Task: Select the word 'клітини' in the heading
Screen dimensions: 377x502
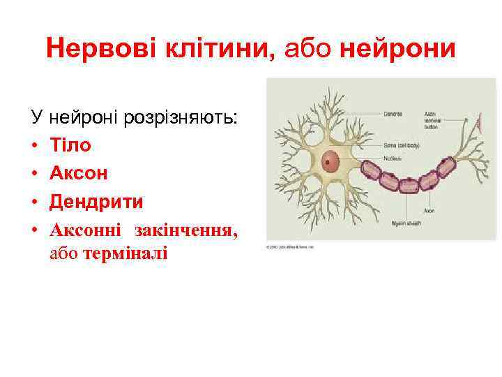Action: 222,49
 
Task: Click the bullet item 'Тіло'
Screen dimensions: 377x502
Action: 70,145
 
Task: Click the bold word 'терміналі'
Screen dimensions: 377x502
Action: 125,253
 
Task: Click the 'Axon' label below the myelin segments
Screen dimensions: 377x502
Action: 429,210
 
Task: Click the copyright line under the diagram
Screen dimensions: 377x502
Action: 289,247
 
